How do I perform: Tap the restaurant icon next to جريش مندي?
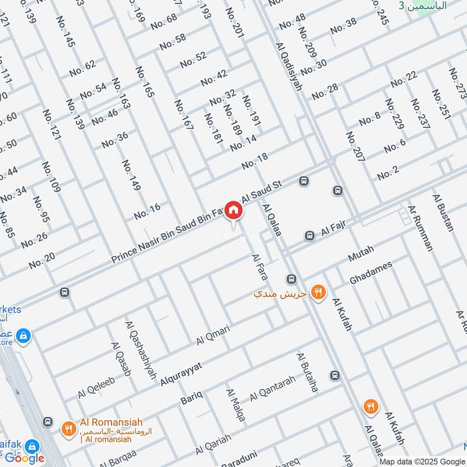(x=318, y=292)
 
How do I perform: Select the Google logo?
(x=25, y=458)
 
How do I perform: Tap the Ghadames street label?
(x=371, y=273)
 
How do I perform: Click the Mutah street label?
(x=360, y=253)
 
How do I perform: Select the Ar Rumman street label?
(x=421, y=228)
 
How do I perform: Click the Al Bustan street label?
(x=443, y=212)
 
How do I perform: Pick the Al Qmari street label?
(x=213, y=334)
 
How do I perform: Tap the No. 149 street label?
(x=131, y=175)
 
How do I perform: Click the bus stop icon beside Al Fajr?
(x=309, y=236)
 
